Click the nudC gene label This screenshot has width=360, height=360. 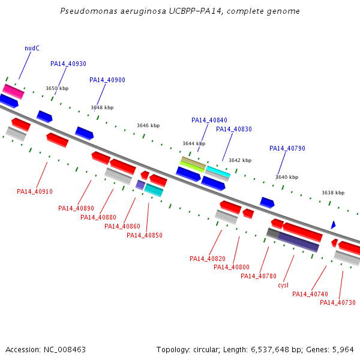point(32,48)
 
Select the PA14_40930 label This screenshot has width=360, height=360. point(68,64)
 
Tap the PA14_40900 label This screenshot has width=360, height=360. point(107,80)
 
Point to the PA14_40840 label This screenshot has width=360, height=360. point(209,120)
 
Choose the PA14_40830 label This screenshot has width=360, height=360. point(234,129)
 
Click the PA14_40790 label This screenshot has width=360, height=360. point(287,148)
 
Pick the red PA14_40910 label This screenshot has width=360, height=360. point(35,191)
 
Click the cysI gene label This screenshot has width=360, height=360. point(283,285)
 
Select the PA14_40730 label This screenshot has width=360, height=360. point(338,302)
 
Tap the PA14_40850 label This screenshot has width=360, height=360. point(145,235)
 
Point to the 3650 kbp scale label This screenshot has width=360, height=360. point(57,88)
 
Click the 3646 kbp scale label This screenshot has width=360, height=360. point(148,125)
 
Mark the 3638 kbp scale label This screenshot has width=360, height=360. point(333,193)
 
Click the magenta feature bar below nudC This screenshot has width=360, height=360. point(13,91)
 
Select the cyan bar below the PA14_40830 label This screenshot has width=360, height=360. point(218,172)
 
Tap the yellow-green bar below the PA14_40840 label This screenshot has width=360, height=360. point(192,166)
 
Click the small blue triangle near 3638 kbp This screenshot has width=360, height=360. point(333,225)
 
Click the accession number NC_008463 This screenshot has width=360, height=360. point(65,350)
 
